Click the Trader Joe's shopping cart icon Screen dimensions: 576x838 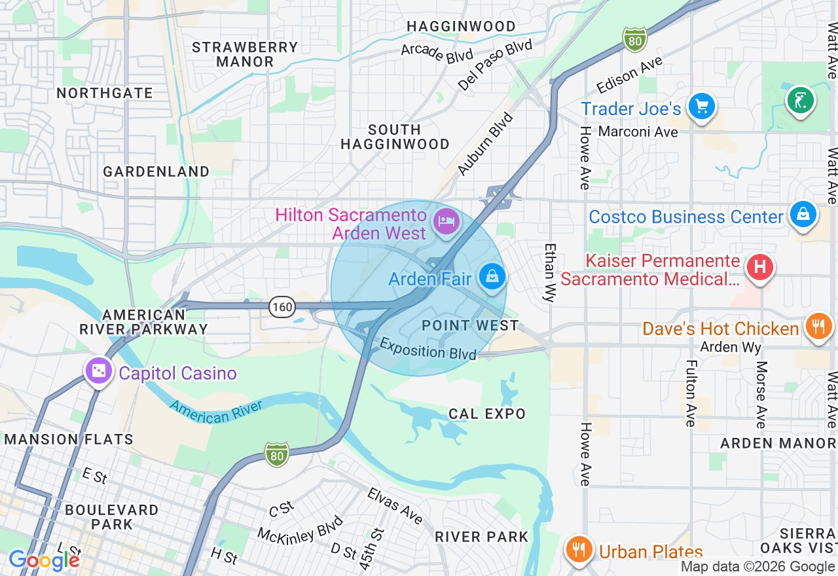(x=701, y=105)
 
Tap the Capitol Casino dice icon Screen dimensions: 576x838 (x=99, y=371)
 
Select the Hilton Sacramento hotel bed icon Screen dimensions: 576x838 (x=446, y=221)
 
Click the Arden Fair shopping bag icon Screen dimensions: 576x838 (x=492, y=277)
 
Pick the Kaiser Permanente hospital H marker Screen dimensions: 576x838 (x=760, y=267)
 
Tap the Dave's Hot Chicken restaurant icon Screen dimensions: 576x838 (x=818, y=326)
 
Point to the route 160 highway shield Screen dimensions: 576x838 (x=282, y=306)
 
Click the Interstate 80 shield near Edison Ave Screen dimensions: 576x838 (x=634, y=39)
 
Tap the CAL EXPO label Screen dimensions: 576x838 (x=487, y=414)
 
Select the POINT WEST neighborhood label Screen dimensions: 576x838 (x=470, y=325)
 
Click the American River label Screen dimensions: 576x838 (x=216, y=411)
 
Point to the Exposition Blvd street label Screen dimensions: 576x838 (x=428, y=349)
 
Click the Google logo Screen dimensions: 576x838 (x=43, y=560)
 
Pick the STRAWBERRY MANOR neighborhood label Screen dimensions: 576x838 (x=245, y=54)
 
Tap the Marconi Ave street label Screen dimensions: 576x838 (x=638, y=132)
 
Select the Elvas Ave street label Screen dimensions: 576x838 (x=394, y=505)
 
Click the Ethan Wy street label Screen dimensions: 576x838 (x=550, y=272)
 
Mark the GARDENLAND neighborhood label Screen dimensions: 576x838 (x=156, y=171)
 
